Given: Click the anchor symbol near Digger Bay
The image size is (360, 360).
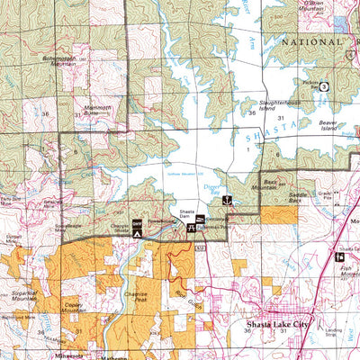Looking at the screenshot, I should [x=228, y=200].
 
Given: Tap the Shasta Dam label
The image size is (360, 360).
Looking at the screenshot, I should [x=188, y=213].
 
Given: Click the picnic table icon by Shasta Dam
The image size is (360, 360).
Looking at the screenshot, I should [x=191, y=229].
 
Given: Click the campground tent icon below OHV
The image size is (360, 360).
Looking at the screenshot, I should [x=137, y=233].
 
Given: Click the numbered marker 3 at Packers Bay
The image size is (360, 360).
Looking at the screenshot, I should [x=323, y=86].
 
